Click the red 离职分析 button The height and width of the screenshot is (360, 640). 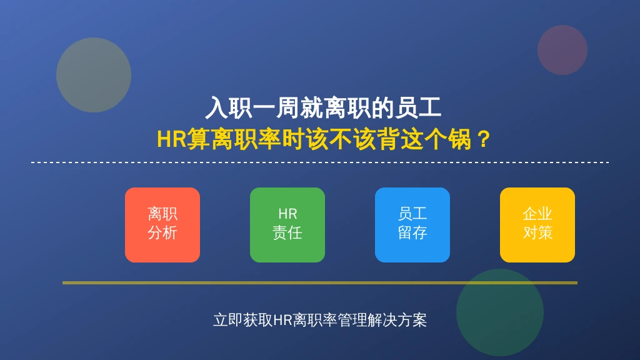[x=162, y=225]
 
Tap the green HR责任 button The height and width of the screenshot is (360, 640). [x=287, y=225]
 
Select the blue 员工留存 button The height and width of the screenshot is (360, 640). [x=412, y=225]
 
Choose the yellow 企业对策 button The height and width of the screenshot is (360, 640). [x=537, y=225]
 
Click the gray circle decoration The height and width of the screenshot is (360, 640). [x=94, y=75]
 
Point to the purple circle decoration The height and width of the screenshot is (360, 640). [x=562, y=50]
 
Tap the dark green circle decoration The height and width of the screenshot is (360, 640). [x=499, y=312]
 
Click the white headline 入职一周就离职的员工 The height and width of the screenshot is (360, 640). [x=323, y=107]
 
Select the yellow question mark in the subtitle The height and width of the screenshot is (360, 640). [x=484, y=139]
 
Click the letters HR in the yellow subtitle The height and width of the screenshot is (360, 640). [x=172, y=139]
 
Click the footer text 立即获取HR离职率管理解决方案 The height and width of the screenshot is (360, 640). [x=320, y=320]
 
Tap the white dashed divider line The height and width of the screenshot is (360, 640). [x=320, y=162]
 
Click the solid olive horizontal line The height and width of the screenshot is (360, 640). [x=320, y=282]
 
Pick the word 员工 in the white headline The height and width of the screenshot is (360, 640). [x=417, y=107]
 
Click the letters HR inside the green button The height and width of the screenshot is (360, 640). [x=287, y=214]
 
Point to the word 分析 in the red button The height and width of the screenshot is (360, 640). [x=162, y=232]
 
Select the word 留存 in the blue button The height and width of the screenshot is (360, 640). [x=412, y=232]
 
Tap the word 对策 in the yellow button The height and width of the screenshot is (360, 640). [x=537, y=232]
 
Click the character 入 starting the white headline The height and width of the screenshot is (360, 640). [x=216, y=107]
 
